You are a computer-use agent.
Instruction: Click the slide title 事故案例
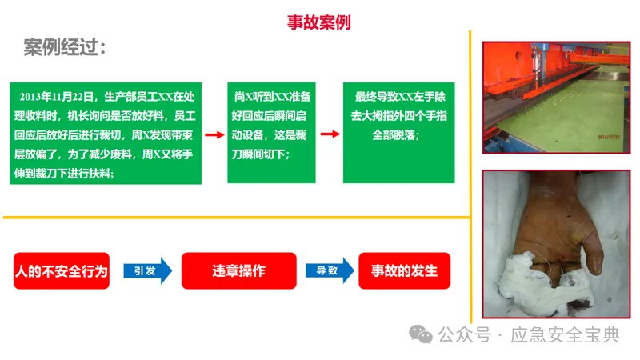318,22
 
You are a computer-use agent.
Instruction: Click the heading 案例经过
65,48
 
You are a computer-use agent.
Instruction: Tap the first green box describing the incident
105,133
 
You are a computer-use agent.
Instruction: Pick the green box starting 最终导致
398,133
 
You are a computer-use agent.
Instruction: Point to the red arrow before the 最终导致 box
327,134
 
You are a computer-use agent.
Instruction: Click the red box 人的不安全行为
62,270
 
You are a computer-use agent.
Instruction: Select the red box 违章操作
238,270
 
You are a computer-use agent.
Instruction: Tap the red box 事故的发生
404,270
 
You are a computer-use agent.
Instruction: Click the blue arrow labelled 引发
148,270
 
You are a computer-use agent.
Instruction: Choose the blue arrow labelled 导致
328,270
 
